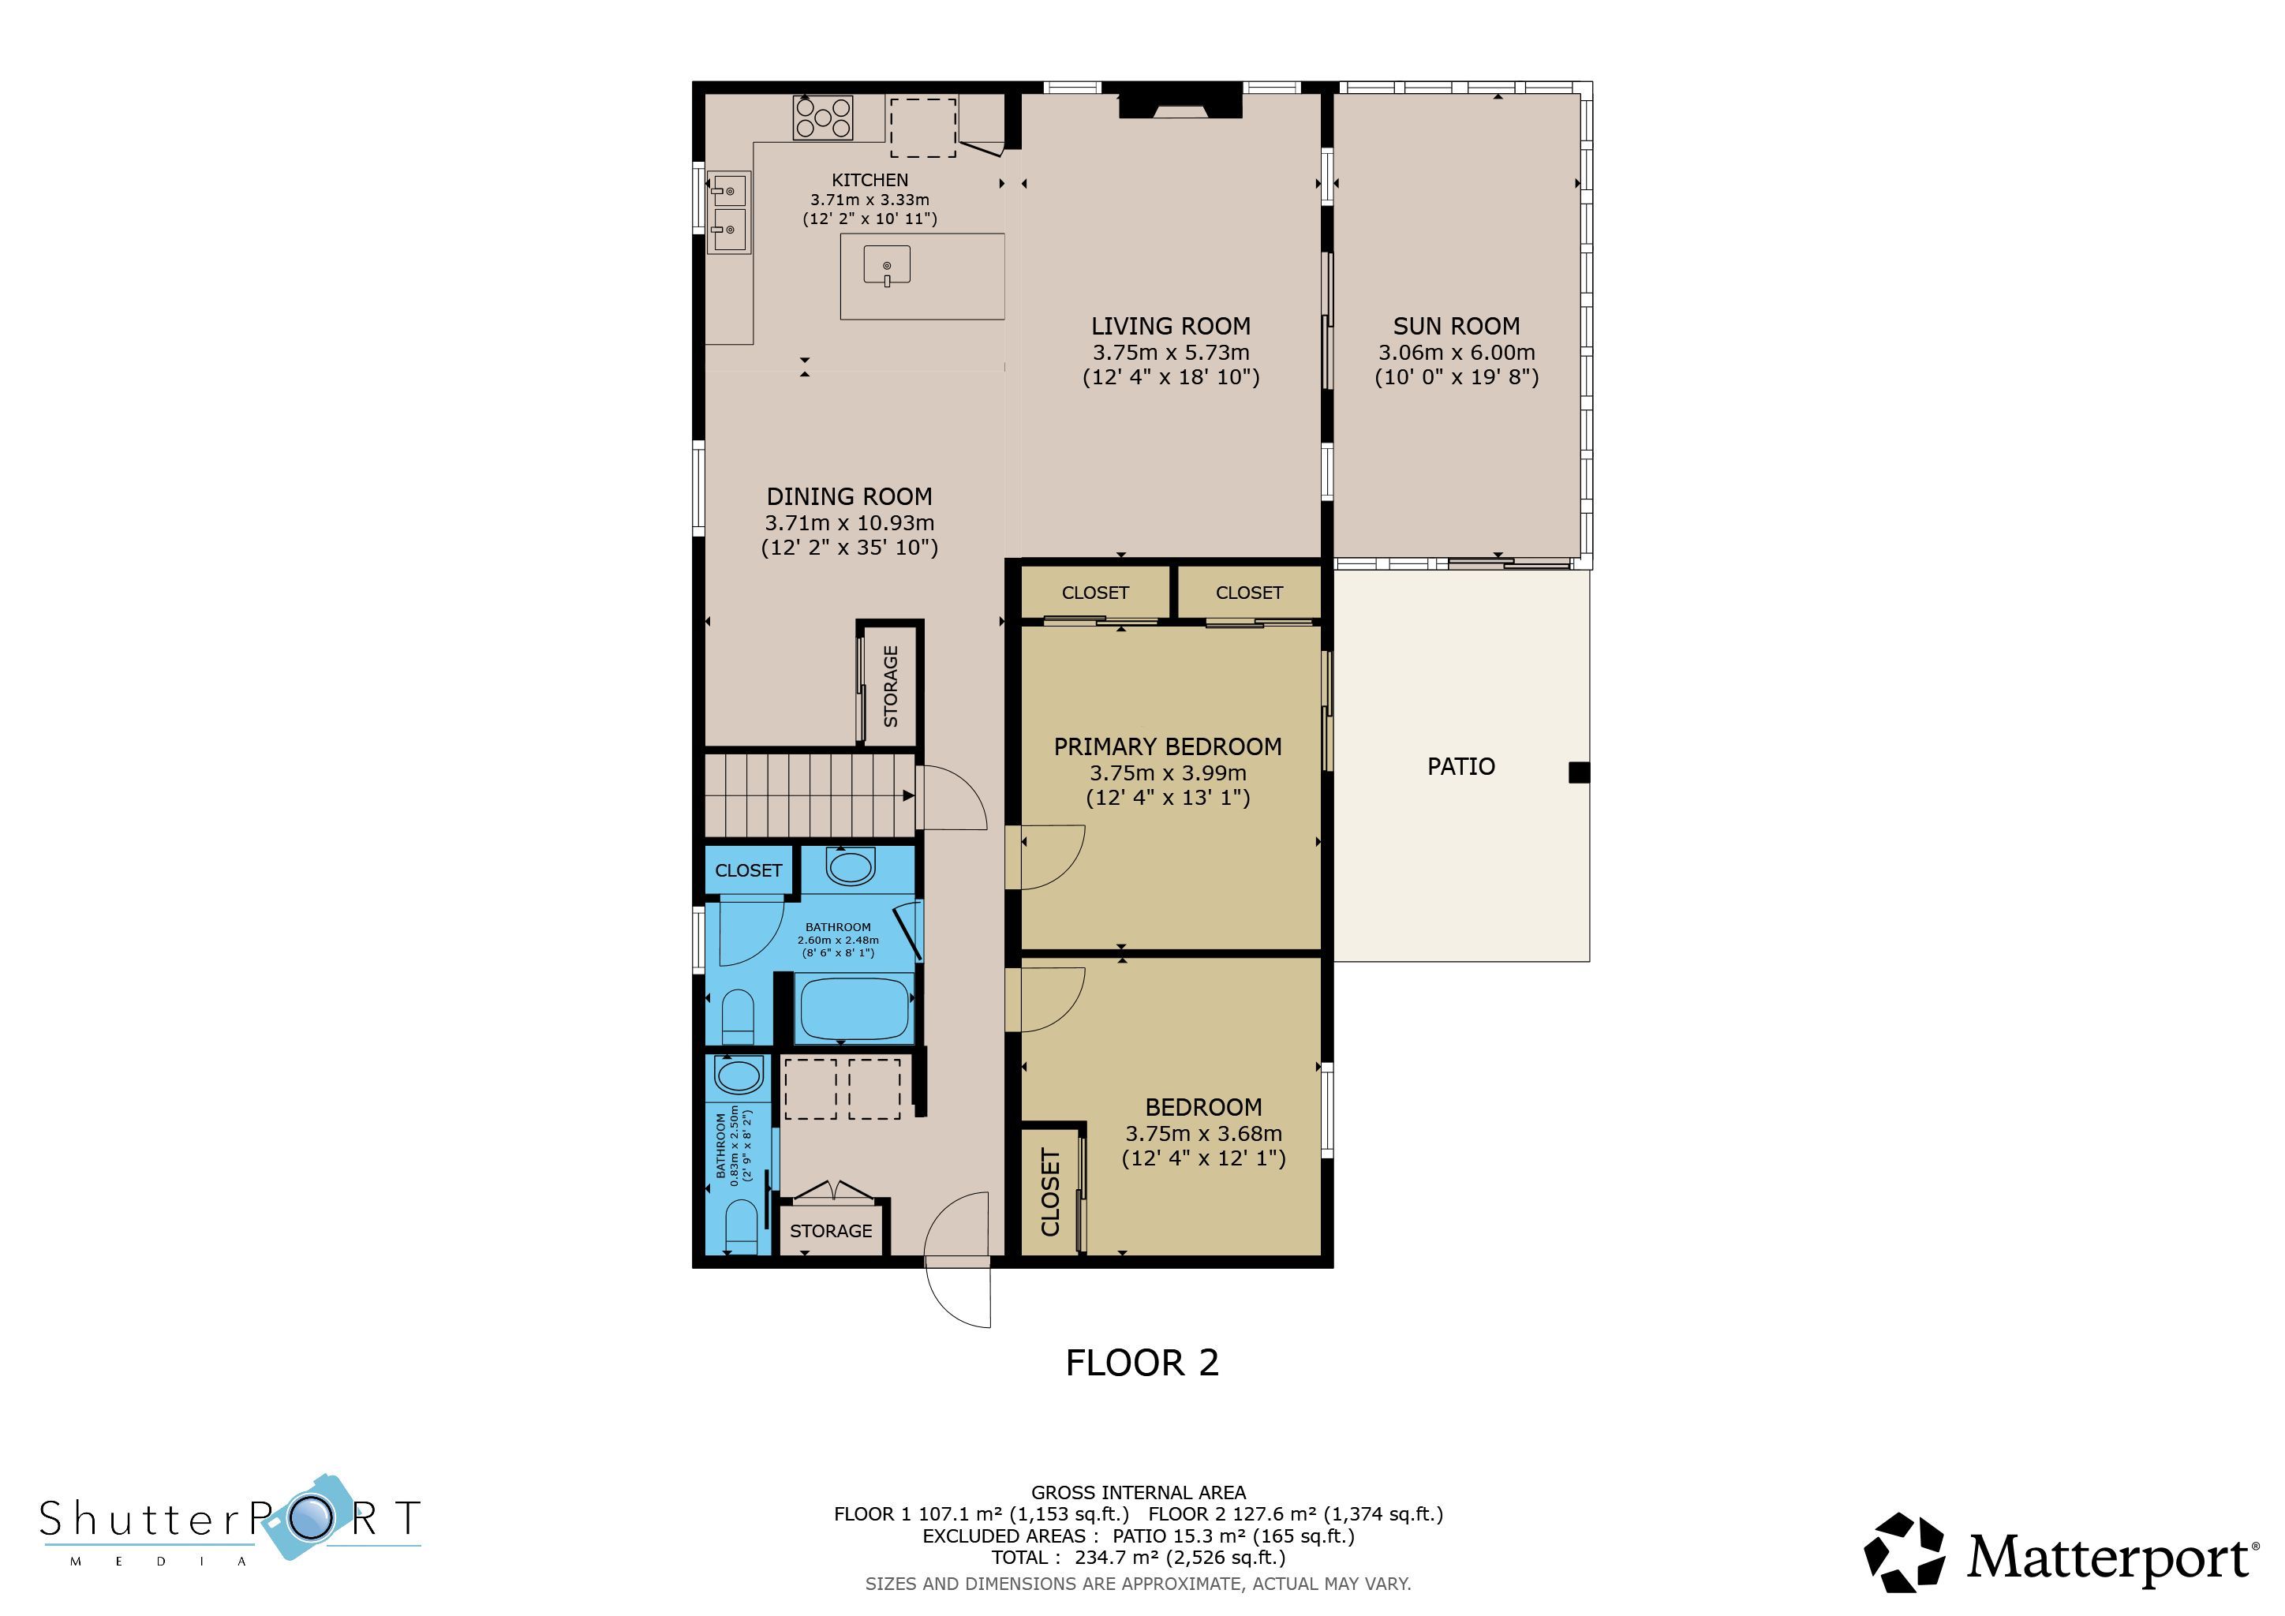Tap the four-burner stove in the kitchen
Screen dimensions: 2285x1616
click(x=823, y=118)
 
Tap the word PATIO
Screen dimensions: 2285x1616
click(x=1461, y=766)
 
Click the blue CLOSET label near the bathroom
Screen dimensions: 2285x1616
click(x=749, y=870)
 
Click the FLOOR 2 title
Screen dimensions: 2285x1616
click(x=1142, y=1362)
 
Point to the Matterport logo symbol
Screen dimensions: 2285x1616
click(x=1904, y=1552)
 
